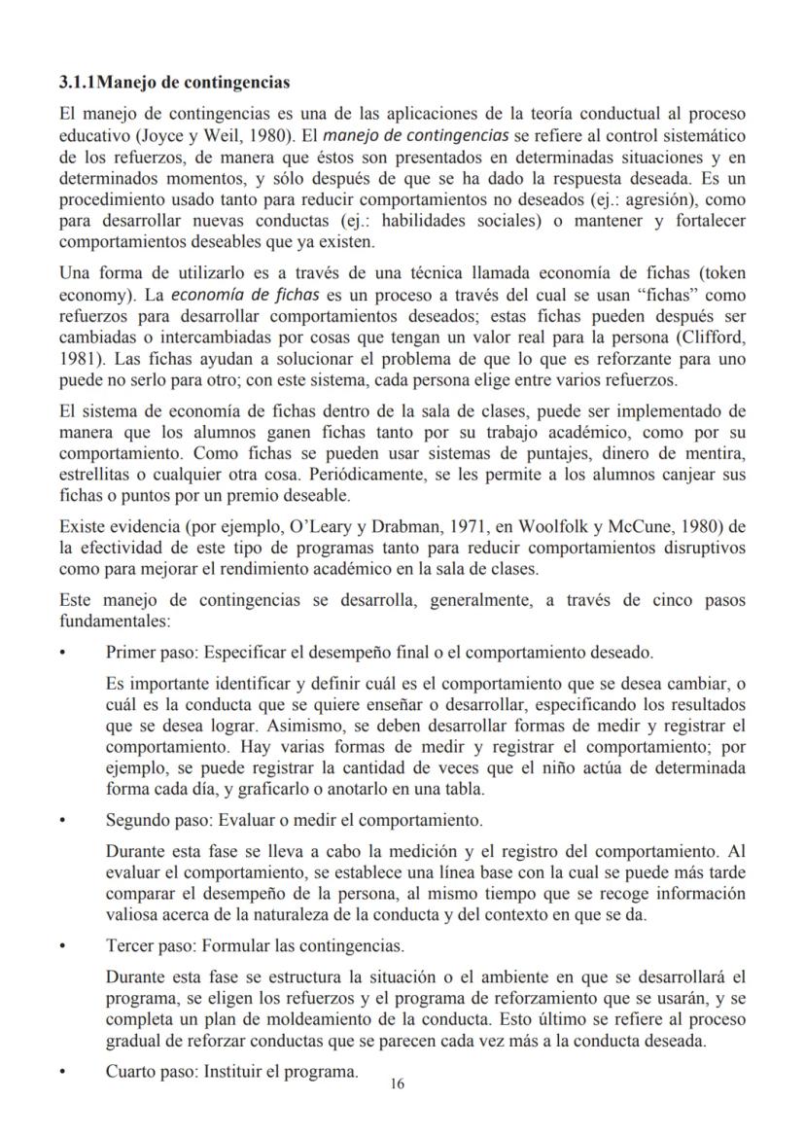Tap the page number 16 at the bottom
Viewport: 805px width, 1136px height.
(397, 1084)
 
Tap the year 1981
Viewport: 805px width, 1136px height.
(79, 358)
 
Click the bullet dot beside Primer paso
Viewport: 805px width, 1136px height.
(63, 652)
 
